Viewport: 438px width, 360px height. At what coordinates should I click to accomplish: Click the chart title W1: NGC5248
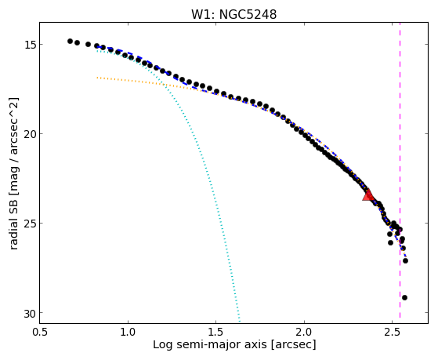pos(233,14)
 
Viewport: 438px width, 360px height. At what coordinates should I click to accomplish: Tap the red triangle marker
pos(368,195)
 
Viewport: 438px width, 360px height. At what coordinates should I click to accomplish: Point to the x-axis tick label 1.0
pos(128,332)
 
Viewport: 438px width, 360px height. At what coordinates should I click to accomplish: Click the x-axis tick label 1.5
pos(216,332)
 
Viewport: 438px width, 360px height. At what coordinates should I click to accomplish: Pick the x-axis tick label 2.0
pos(304,332)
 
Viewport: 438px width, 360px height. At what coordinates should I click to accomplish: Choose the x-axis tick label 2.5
pos(393,332)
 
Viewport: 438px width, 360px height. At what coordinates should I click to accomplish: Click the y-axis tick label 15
pos(29,45)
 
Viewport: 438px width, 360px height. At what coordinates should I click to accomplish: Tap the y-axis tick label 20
pos(29,134)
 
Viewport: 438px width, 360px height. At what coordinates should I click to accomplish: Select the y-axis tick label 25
pos(29,224)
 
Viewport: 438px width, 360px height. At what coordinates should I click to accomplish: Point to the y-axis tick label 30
pos(29,314)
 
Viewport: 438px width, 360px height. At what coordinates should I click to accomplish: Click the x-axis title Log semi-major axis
pos(210,345)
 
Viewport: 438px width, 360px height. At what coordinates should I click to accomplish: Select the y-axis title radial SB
pos(14,230)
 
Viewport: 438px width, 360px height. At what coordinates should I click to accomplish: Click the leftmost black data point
pos(70,41)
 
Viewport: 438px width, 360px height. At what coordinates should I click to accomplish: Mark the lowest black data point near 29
pos(404,297)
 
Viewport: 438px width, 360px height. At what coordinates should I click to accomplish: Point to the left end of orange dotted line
pos(97,78)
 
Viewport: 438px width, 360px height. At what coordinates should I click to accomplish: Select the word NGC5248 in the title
pos(248,14)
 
